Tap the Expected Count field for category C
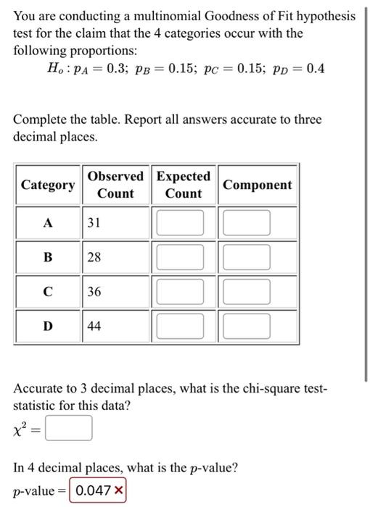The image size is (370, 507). (183, 292)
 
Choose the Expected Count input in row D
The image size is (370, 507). (183, 326)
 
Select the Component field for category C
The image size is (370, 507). (247, 292)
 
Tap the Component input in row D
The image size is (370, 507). (247, 326)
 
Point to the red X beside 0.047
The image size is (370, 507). (118, 490)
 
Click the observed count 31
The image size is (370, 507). (95, 223)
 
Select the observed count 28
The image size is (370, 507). (95, 258)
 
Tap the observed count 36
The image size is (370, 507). (95, 292)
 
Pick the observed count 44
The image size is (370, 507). (95, 326)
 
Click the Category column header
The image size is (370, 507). (48, 185)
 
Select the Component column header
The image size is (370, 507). (258, 185)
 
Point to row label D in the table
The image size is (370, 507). (48, 326)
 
